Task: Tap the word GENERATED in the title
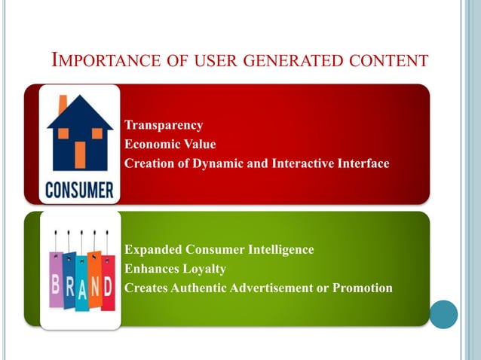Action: (291, 60)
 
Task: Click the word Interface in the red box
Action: (362, 163)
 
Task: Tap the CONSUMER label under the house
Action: (79, 189)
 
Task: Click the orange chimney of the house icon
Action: (63, 103)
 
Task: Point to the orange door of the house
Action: (80, 154)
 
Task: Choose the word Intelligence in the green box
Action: (277, 249)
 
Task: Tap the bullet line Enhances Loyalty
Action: (175, 268)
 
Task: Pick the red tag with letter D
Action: (108, 284)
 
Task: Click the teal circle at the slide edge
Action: (444, 313)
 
